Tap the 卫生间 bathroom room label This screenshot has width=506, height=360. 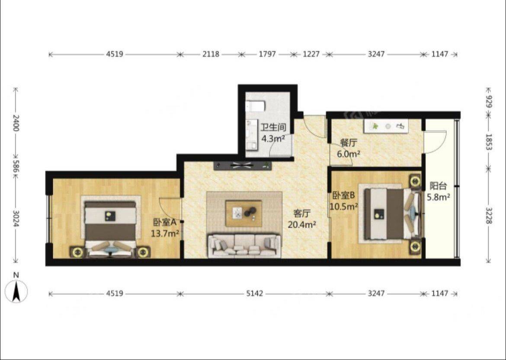[273, 127]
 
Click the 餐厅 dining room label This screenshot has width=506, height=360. [349, 143]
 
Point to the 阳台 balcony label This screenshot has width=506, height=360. [438, 186]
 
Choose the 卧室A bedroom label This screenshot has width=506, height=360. [164, 222]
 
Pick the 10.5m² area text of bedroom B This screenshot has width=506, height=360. [343, 206]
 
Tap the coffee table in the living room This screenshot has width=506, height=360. [244, 213]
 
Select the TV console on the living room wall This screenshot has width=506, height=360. [242, 166]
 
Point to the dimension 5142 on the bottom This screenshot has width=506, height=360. [255, 293]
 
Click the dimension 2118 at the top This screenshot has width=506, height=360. [211, 54]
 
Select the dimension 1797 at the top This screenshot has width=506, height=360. [267, 54]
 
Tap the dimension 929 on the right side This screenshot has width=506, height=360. [488, 102]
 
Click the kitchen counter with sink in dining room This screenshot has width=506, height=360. [385, 126]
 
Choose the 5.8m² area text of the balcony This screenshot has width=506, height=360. [439, 197]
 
